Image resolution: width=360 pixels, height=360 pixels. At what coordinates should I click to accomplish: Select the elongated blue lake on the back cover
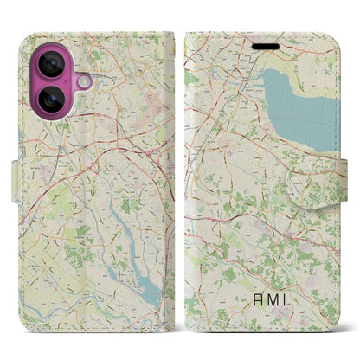pyautogui.click(x=130, y=223)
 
